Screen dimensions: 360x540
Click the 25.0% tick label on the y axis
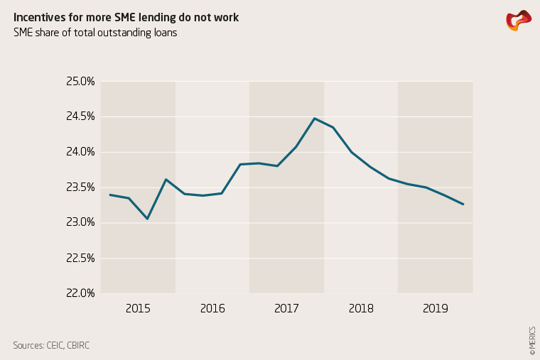coord(80,82)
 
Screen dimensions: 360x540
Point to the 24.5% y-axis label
coord(80,116)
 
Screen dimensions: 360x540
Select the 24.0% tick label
coord(80,152)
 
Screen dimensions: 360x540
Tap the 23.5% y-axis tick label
coord(80,187)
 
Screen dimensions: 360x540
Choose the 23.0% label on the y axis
coord(80,222)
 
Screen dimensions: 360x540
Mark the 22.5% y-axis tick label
coord(80,258)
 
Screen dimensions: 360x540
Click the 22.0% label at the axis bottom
coord(80,293)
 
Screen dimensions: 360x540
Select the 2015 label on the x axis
coord(138,309)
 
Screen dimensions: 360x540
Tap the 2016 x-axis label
coord(212,309)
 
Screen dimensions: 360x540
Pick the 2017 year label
coord(286,309)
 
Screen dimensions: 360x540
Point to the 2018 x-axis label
coord(361,309)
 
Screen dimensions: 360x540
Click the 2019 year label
coord(435,309)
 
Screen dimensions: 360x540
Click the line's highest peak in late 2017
coord(314,119)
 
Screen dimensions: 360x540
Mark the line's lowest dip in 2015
coord(147,219)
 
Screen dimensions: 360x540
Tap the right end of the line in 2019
coord(463,204)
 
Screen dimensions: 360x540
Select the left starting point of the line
coord(110,195)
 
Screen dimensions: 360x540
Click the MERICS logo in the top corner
coord(518,21)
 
